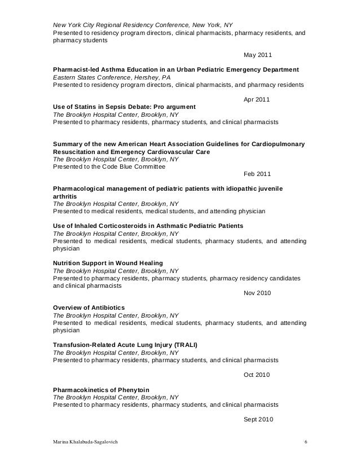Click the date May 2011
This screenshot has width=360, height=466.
click(256, 55)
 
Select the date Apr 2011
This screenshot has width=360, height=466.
click(256, 100)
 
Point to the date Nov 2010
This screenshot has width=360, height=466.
click(256, 293)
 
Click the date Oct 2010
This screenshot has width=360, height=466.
click(256, 375)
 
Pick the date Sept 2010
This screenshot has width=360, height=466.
click(257, 419)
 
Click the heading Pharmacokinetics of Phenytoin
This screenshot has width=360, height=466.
click(101, 389)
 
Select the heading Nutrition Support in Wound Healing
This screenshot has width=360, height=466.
click(108, 263)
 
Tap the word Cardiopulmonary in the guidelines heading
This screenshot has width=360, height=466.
click(277, 144)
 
